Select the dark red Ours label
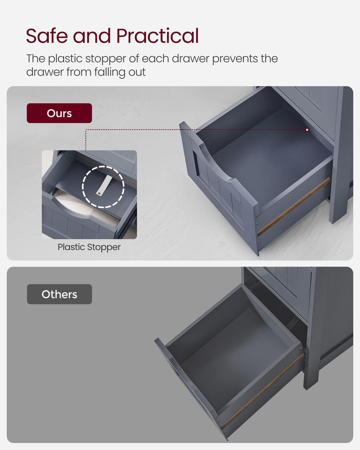tap(59, 113)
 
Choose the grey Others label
tap(59, 294)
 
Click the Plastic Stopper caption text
tap(89, 247)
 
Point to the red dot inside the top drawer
tap(307, 130)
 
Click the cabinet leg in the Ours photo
tap(341, 198)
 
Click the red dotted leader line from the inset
tap(189, 130)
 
